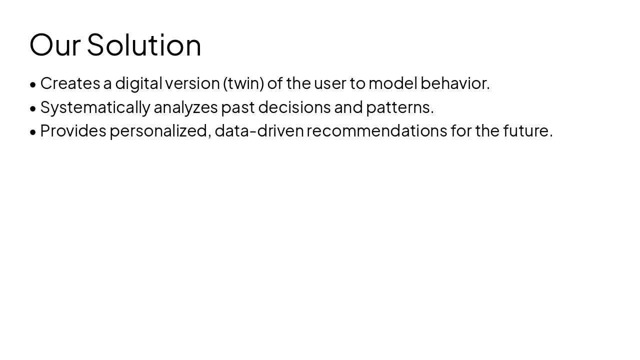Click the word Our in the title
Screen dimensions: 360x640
tap(54, 45)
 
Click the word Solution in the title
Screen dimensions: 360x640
tap(144, 45)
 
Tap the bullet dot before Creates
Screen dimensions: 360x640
tap(33, 84)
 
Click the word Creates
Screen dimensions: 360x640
tap(70, 83)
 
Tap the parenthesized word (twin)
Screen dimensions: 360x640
tap(243, 83)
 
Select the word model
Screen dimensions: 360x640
tap(392, 83)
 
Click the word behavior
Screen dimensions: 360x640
tap(454, 83)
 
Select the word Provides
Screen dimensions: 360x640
tap(73, 131)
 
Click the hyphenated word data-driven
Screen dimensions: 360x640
tap(259, 131)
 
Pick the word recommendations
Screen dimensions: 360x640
tap(376, 131)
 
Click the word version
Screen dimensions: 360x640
tap(192, 83)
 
